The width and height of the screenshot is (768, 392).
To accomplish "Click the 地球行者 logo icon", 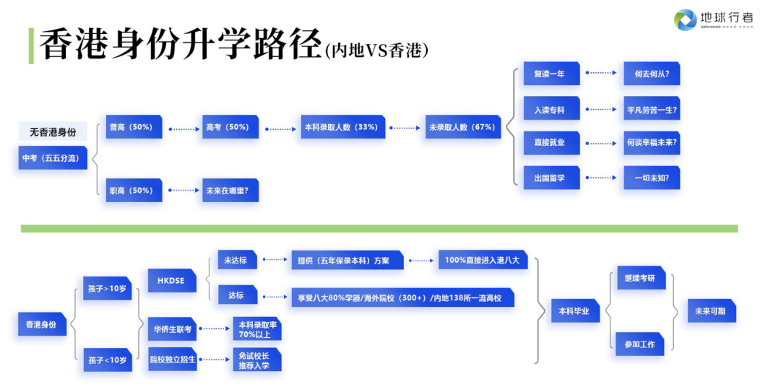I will pos(686,19).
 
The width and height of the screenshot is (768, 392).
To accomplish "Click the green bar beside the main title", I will pos(30,45).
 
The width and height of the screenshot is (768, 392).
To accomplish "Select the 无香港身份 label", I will pos(52,131).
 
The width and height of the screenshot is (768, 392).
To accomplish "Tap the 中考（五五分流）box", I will pos(53,157).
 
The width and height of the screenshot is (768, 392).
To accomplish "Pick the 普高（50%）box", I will pos(134,127).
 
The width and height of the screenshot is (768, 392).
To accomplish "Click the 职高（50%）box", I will pos(134,191).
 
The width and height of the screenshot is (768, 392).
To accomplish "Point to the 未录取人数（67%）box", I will pos(463,127).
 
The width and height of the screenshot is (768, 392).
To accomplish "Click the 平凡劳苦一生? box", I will pos(652,110).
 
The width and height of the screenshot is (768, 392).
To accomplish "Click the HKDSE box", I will pos(171,280).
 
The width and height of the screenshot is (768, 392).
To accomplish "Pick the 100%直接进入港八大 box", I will pos(483,260).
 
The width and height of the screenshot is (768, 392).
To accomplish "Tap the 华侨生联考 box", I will pos(172,329).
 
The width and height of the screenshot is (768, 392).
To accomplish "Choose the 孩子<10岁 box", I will pos(108,359).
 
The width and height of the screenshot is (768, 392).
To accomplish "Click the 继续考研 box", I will pos(639,279).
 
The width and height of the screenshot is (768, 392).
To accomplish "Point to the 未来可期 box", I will pos(711,311).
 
